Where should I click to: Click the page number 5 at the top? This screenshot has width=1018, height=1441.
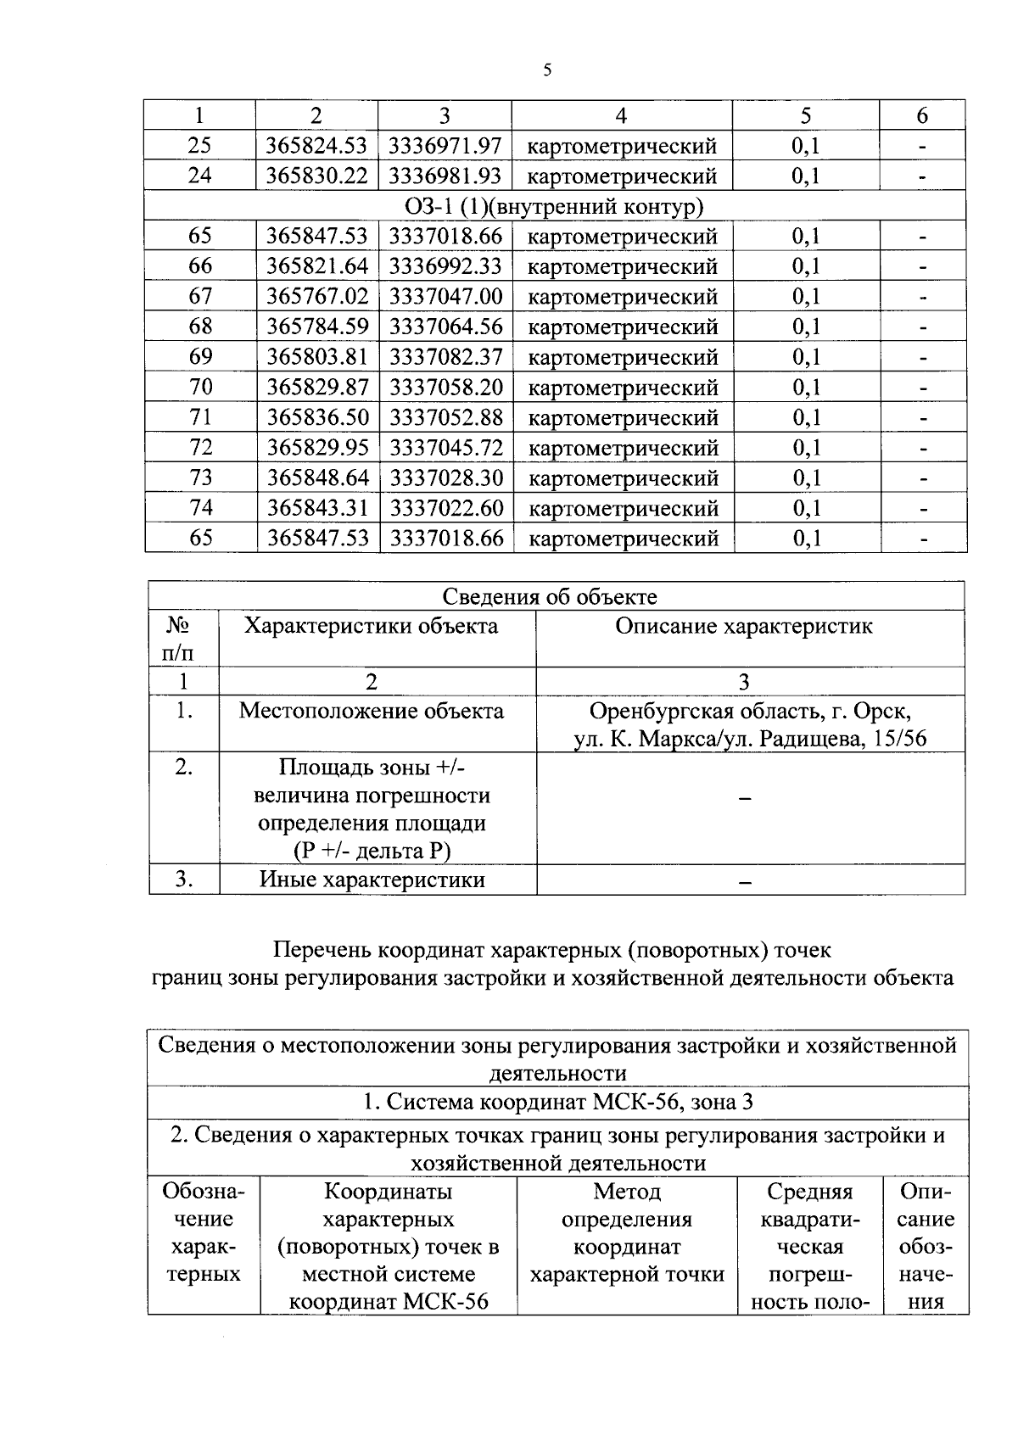[x=547, y=70]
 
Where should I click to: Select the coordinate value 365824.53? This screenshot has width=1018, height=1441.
[x=316, y=146]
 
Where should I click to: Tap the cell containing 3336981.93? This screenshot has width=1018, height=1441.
[x=445, y=176]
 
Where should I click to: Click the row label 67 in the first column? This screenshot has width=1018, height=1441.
[x=200, y=297]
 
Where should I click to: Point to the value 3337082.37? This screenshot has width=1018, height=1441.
[x=445, y=357]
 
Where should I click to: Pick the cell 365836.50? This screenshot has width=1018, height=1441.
[x=317, y=418]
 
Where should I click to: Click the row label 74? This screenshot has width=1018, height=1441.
[x=200, y=508]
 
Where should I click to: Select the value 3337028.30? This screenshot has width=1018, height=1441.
[x=446, y=478]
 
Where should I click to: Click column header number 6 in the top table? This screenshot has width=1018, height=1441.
[x=922, y=116]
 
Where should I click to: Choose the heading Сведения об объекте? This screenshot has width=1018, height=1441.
[x=557, y=597]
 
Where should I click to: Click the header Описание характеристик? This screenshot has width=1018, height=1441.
[x=744, y=627]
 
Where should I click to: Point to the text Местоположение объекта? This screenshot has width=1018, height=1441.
[x=371, y=711]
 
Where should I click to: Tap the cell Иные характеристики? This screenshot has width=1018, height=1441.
[x=372, y=880]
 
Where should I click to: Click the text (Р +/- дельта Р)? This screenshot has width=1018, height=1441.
[x=372, y=851]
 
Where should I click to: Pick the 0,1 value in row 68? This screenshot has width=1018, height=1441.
[x=806, y=327]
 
